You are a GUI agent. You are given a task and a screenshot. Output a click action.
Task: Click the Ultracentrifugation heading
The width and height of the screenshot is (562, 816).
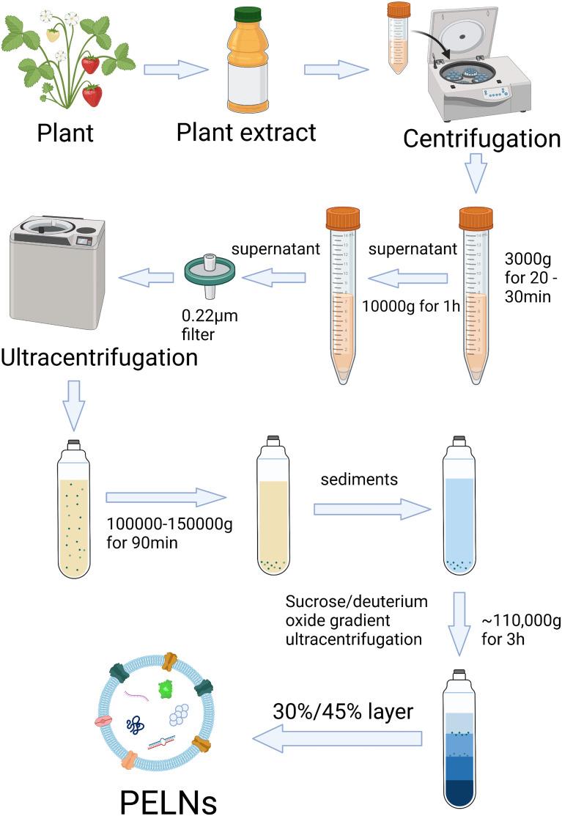click(100, 359)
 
